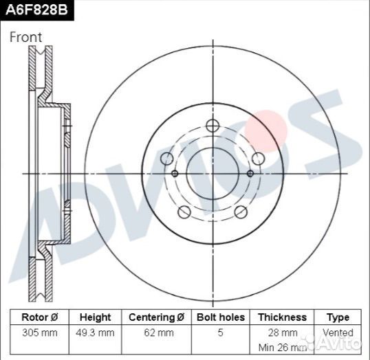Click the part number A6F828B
(x=36, y=10)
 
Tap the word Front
(x=25, y=37)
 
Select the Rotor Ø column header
(x=40, y=317)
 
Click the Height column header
(x=95, y=317)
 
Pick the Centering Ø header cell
(x=156, y=317)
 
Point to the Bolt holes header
(x=221, y=317)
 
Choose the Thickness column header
(x=282, y=317)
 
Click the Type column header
(x=338, y=317)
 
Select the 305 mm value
(x=40, y=333)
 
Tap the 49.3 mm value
(x=95, y=333)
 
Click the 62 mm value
(x=159, y=333)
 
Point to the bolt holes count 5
(x=220, y=333)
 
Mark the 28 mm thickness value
(x=283, y=333)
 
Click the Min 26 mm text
(x=283, y=348)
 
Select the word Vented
(x=338, y=333)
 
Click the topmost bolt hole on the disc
(x=213, y=126)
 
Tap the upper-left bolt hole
(x=167, y=159)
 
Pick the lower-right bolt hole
(x=241, y=212)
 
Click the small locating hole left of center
(x=175, y=174)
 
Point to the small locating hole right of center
(x=250, y=174)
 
